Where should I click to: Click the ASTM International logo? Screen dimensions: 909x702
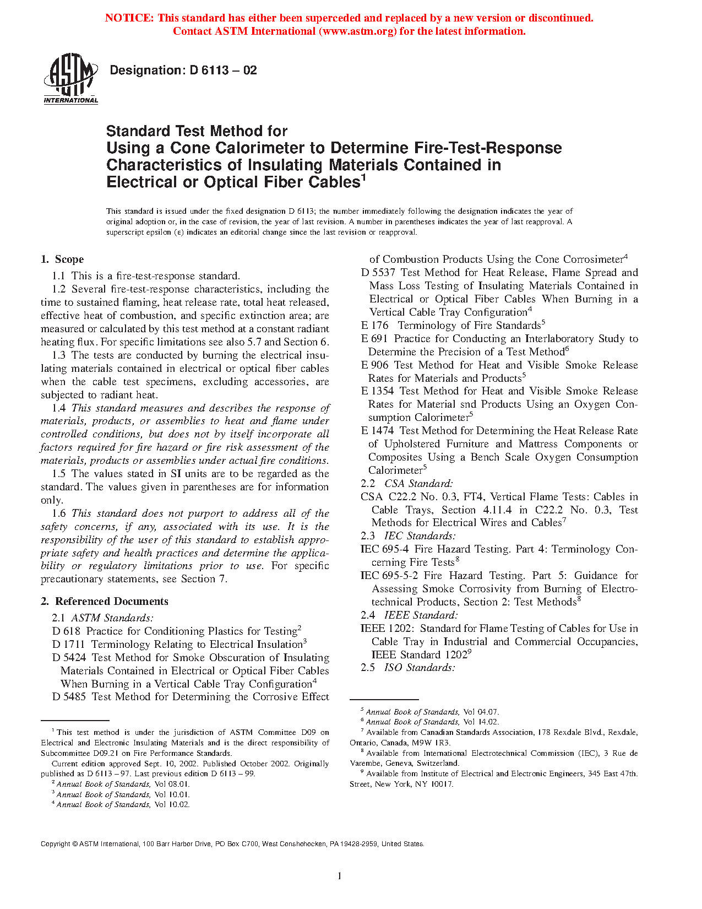[70, 79]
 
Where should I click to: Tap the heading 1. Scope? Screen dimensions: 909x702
[62, 259]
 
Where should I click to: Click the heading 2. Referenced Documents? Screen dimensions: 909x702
[105, 602]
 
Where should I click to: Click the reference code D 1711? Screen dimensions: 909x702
[69, 645]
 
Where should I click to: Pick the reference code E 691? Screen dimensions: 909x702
[374, 339]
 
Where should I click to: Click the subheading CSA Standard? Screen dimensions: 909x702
[418, 484]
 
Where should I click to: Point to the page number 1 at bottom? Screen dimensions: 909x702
[340, 876]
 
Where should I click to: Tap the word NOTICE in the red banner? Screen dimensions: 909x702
[129, 18]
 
